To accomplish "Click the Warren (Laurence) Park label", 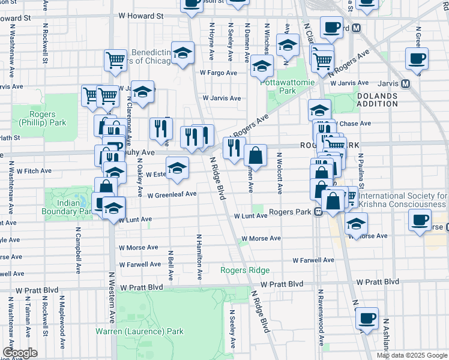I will (x=139, y=331).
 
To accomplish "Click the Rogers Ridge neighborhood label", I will (x=244, y=270).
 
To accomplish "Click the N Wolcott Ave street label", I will (x=279, y=173).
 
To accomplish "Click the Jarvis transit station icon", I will (x=405, y=83).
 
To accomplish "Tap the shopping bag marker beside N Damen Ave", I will (x=255, y=156).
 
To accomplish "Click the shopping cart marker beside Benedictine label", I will (x=115, y=61).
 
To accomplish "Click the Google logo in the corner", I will (x=19, y=352).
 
